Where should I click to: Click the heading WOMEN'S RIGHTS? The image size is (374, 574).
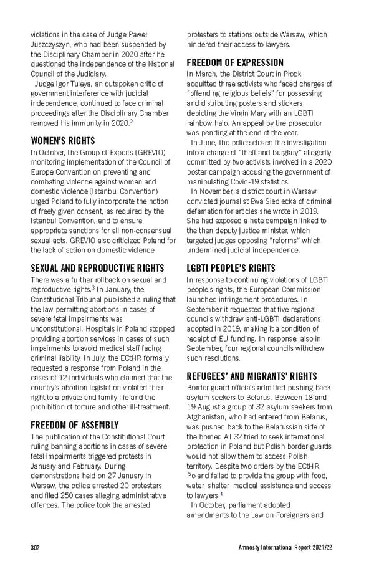pyautogui.click(x=62, y=140)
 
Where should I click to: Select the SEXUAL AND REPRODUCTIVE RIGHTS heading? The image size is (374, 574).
pyautogui.click(x=97, y=269)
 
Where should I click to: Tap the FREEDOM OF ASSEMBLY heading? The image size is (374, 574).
pyautogui.click(x=75, y=425)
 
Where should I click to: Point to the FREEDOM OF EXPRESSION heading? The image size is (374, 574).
pyautogui.click(x=235, y=62)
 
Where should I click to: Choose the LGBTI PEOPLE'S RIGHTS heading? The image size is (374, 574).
pyautogui.click(x=231, y=269)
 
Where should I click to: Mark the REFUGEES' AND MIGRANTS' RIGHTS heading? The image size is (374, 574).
pyautogui.click(x=252, y=376)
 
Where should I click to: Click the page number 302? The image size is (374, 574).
pyautogui.click(x=36, y=547)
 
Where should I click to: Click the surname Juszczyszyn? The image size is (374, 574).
pyautogui.click(x=52, y=45)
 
